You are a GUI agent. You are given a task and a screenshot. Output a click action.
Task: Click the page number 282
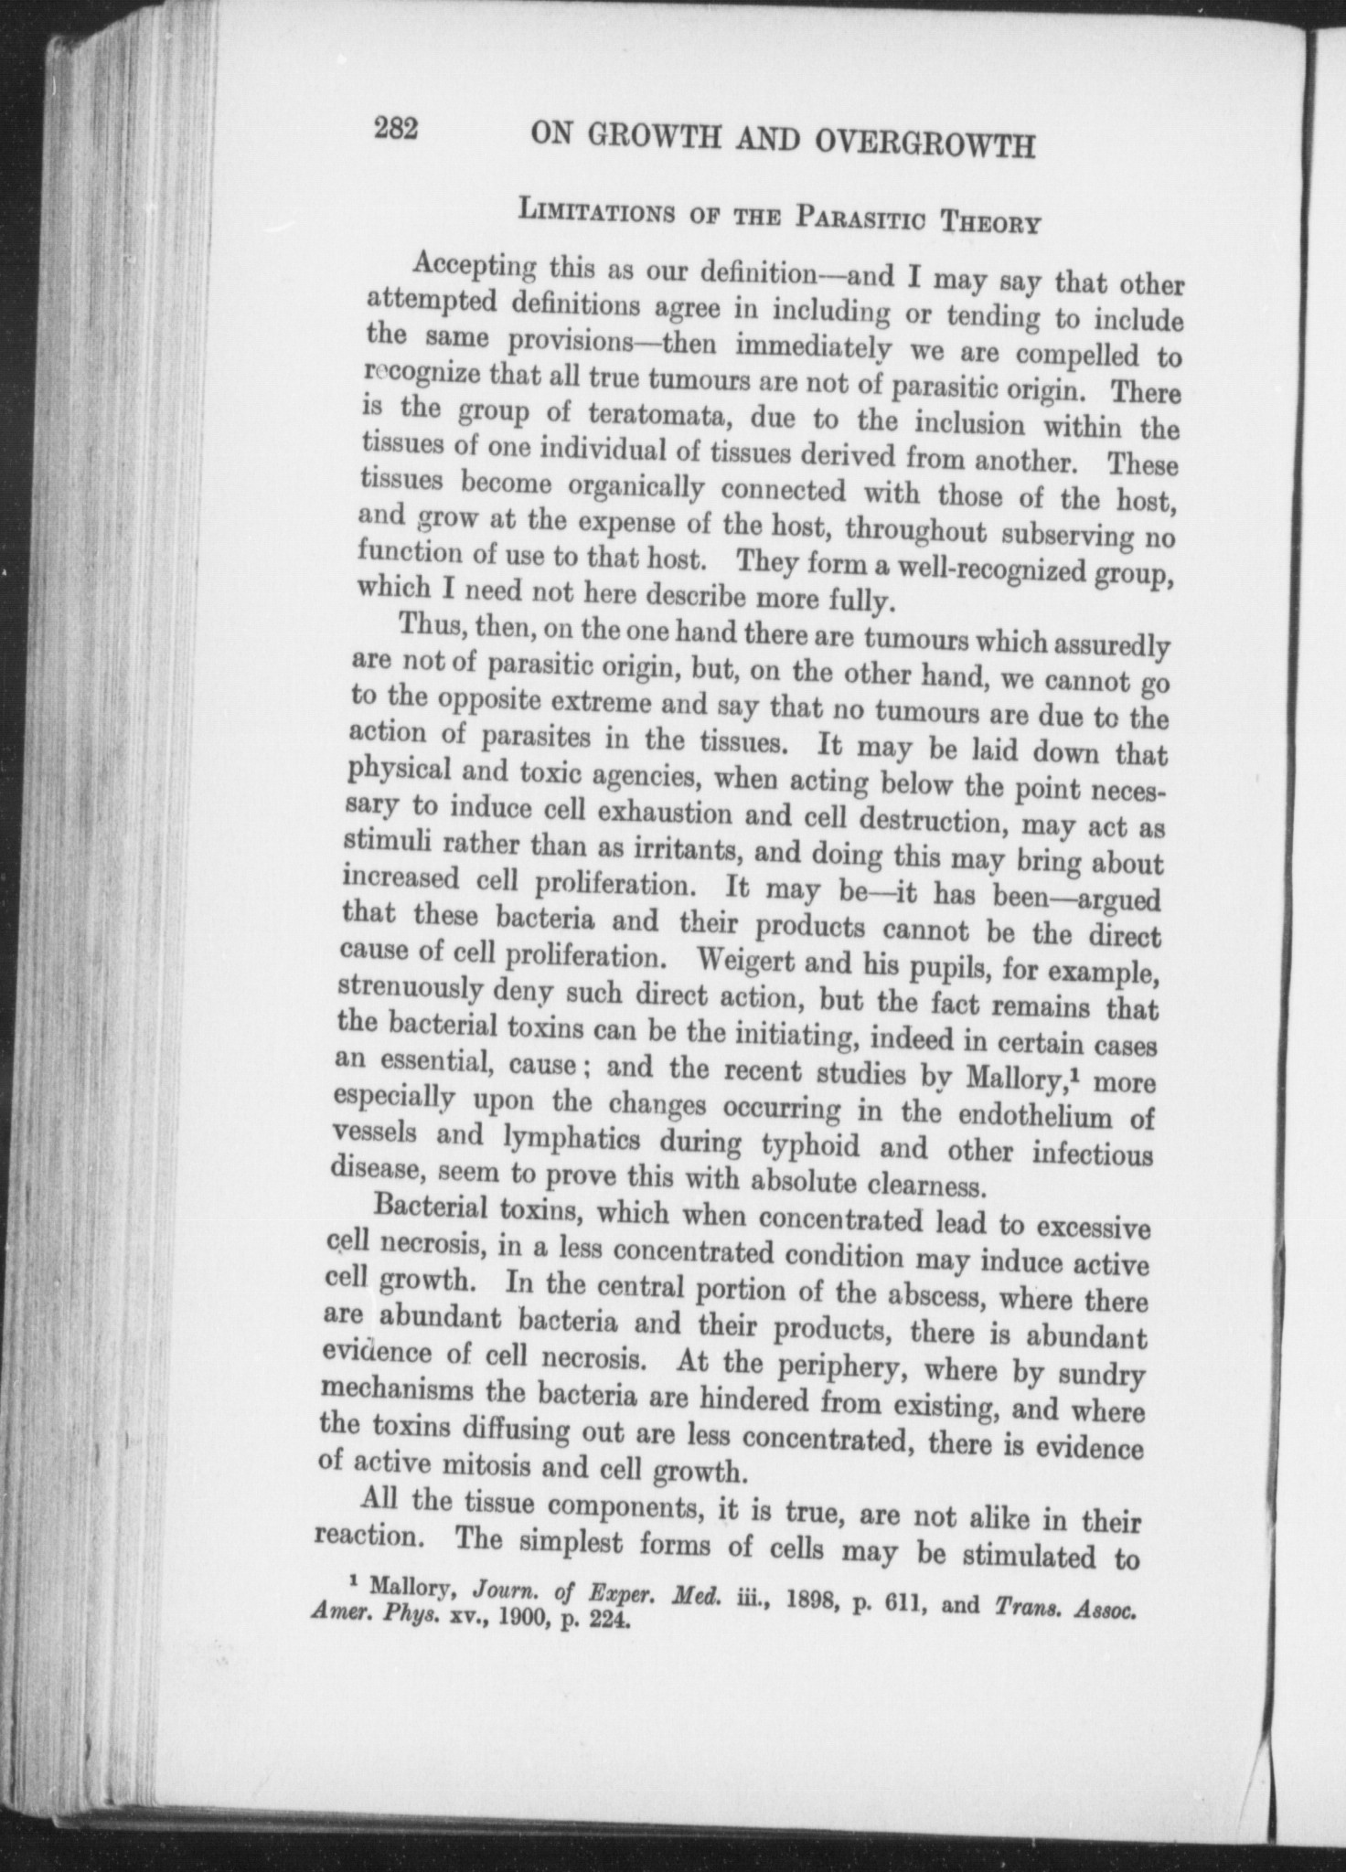(x=395, y=131)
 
